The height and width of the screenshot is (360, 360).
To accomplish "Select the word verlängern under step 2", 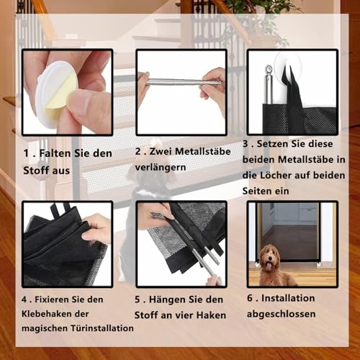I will pyautogui.click(x=161, y=167).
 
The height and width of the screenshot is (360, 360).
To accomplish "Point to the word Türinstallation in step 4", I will pyautogui.click(x=101, y=328).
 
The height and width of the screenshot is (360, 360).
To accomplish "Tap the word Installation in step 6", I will pyautogui.click(x=292, y=297).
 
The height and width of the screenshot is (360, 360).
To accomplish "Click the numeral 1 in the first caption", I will pyautogui.click(x=26, y=153).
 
